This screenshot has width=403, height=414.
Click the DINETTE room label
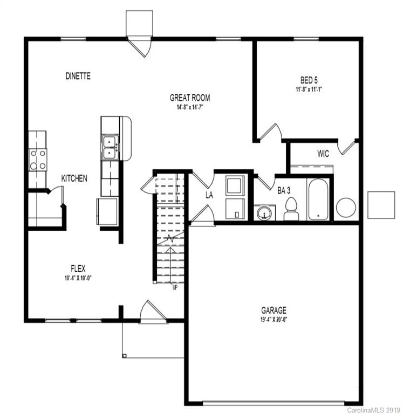click(78, 76)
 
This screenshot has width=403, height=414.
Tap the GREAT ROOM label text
click(190, 98)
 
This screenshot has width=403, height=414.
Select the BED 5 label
click(309, 80)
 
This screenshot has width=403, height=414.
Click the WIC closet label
click(323, 154)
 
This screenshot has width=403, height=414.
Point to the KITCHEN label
click(74, 178)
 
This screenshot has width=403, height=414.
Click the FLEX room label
click(78, 268)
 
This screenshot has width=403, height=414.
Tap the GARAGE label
click(274, 310)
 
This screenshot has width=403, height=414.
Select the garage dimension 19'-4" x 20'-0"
click(274, 319)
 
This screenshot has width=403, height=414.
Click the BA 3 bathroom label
click(284, 190)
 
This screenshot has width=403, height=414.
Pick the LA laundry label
click(209, 195)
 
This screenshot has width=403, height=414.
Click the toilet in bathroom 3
click(291, 208)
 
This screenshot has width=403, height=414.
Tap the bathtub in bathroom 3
click(318, 199)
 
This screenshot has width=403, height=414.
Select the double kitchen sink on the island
click(110, 147)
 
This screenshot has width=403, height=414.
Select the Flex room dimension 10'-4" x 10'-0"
click(78, 277)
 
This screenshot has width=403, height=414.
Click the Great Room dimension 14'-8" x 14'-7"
click(190, 107)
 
